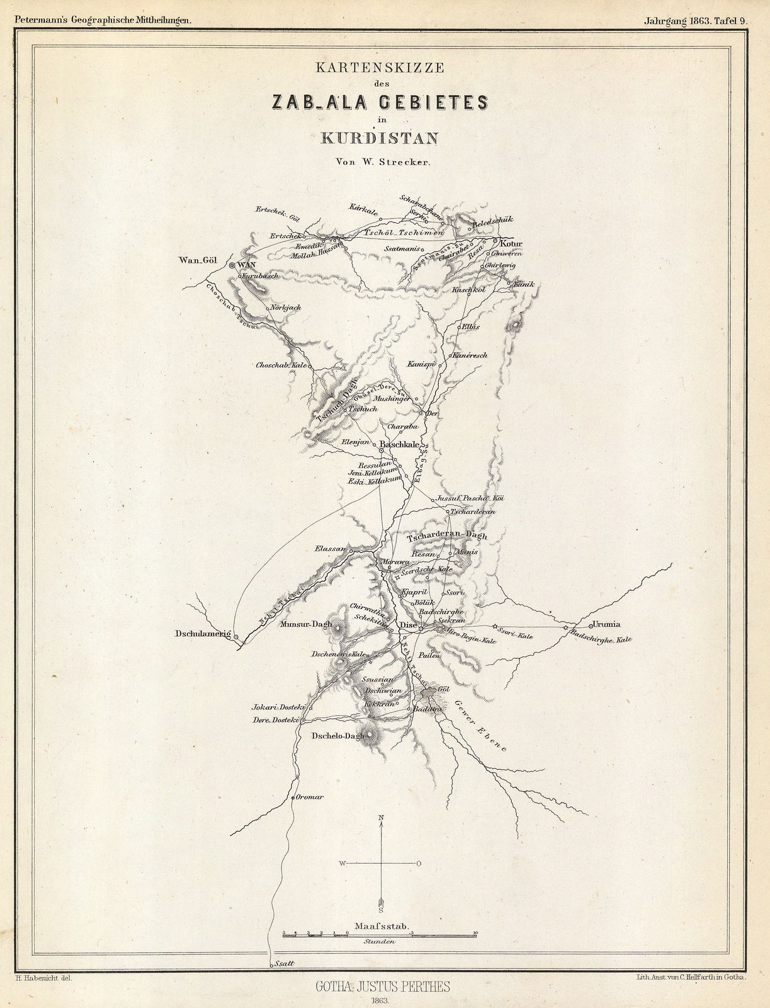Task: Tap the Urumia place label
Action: coord(605,625)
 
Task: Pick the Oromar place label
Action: coord(309,797)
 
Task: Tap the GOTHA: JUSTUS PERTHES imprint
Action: coord(382,987)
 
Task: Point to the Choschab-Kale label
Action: coord(281,365)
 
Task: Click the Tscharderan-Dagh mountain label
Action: coord(447,536)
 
